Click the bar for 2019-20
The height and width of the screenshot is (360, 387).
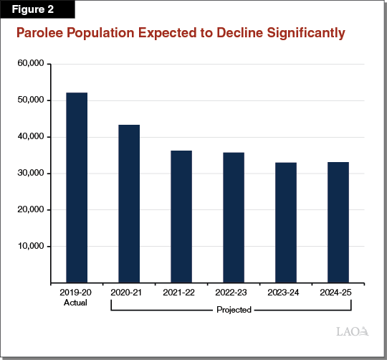click(x=77, y=187)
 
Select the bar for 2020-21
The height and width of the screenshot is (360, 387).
click(x=129, y=204)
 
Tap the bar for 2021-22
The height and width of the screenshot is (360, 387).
click(x=181, y=217)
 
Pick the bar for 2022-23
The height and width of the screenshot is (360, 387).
click(x=234, y=217)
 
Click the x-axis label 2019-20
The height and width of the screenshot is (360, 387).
click(x=77, y=293)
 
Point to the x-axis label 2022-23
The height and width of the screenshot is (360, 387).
click(x=234, y=293)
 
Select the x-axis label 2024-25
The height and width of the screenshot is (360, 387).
click(x=338, y=293)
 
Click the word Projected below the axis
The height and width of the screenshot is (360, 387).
click(x=233, y=310)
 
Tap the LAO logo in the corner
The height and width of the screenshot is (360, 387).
click(x=352, y=331)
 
